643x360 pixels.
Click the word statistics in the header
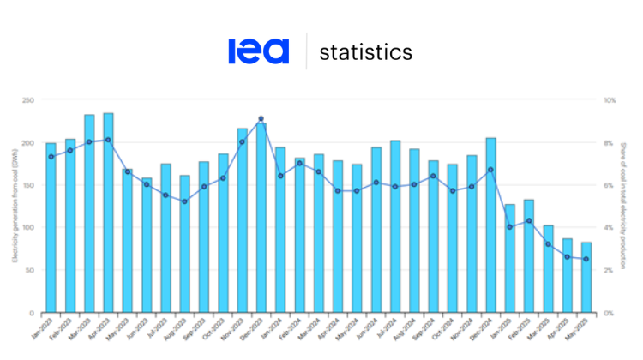[x=365, y=52]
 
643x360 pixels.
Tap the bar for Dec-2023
[x=261, y=218]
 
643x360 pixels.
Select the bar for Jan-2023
[x=51, y=228]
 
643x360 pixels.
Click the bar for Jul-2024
[x=395, y=226]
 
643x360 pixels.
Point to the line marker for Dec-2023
[x=261, y=119]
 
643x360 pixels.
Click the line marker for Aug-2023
[x=184, y=201]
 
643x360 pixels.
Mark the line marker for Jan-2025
[x=510, y=227]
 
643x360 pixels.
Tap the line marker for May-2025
[x=586, y=259]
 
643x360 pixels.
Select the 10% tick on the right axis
[x=610, y=100]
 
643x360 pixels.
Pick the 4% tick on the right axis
[x=609, y=228]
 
